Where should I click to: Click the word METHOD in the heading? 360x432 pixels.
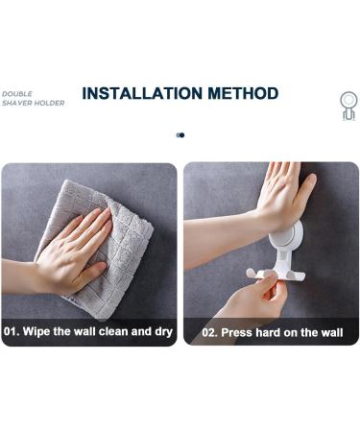click(243, 94)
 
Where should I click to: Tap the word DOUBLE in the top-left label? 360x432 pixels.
click(17, 94)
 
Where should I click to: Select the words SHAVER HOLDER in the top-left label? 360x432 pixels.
click(33, 103)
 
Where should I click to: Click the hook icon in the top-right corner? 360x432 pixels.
click(348, 105)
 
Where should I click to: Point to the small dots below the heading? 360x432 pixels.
click(180, 135)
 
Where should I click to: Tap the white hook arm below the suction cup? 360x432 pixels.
click(278, 274)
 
